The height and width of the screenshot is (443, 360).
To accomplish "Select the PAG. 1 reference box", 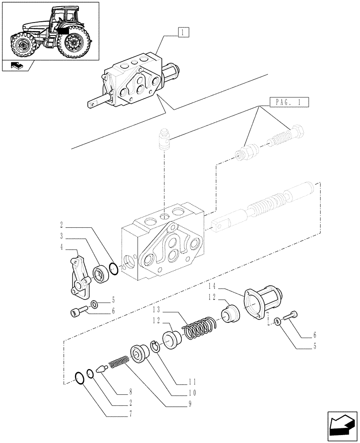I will click(288, 103).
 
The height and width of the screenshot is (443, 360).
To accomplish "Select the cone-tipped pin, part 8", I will click(102, 368).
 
